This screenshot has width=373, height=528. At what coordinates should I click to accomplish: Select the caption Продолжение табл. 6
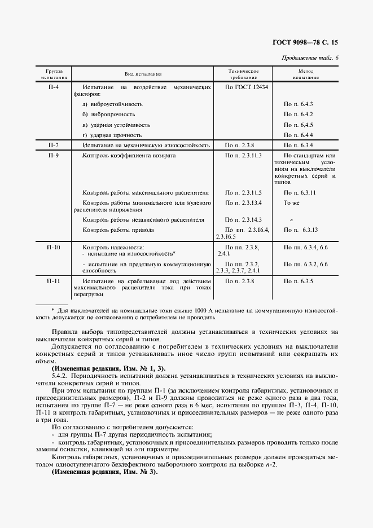(309, 58)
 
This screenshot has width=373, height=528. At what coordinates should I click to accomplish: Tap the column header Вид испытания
(143, 74)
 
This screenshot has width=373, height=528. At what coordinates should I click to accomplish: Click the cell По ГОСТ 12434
(247, 87)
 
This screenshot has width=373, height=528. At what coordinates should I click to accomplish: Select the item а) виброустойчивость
(112, 104)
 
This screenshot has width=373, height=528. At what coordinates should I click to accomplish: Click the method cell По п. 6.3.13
(301, 230)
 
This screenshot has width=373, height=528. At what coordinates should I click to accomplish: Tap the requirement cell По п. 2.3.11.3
(243, 155)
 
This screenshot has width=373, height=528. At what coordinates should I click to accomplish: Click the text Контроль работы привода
(118, 230)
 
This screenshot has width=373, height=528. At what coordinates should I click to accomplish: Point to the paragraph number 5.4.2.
(60, 376)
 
